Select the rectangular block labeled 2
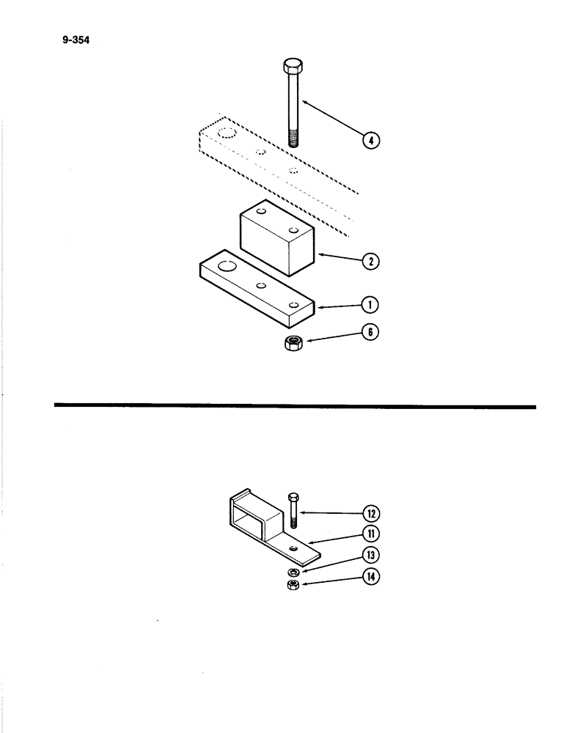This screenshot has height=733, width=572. (x=276, y=239)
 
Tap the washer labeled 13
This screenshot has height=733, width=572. (x=293, y=571)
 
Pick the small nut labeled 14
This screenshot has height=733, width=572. (x=293, y=584)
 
